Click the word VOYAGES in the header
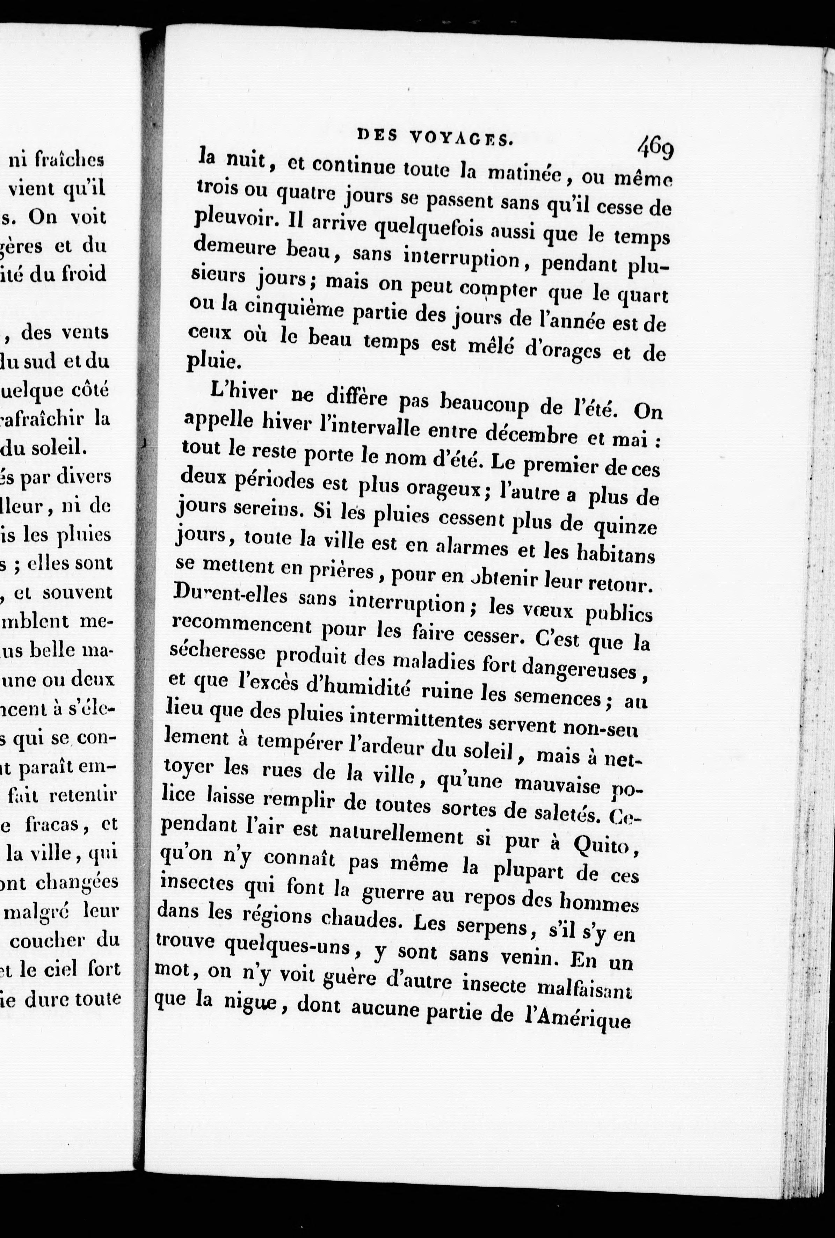click(461, 138)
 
